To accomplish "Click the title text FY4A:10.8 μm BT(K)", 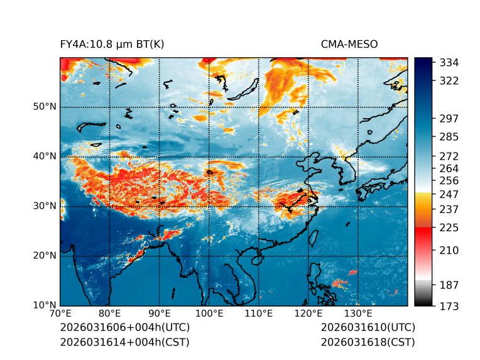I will coord(112,45).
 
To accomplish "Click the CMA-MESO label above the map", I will coord(349,45).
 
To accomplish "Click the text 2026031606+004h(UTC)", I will coord(125,328).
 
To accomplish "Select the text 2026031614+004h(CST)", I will coord(124,342).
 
